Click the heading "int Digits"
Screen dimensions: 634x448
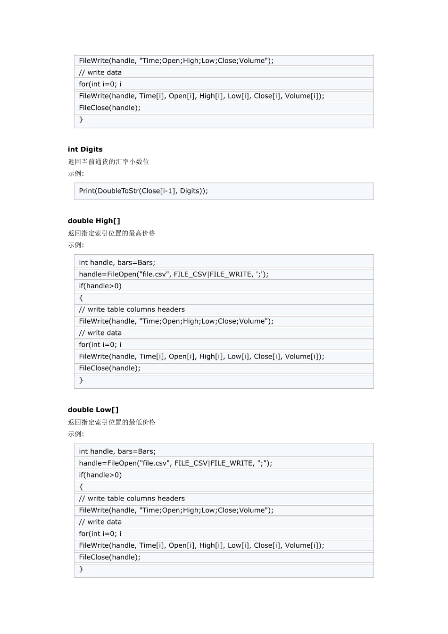(85, 150)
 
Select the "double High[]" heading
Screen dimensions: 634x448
(94, 221)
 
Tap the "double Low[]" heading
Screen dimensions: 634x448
(93, 410)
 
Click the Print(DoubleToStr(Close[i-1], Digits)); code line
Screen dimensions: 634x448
(143, 191)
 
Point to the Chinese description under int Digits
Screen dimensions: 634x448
(108, 162)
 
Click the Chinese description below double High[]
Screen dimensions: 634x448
(111, 233)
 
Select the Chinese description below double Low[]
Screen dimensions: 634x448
(111, 422)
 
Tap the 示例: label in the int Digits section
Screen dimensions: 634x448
(76, 174)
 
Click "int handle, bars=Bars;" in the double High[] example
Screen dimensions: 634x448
(117, 263)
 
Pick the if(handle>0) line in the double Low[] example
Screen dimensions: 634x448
(100, 475)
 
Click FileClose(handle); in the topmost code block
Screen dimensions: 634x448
(110, 108)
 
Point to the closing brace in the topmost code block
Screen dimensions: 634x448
(81, 120)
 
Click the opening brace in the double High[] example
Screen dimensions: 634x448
(81, 298)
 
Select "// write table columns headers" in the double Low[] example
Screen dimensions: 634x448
(132, 499)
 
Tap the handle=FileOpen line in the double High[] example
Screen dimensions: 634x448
(174, 275)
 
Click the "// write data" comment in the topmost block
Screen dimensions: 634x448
(100, 73)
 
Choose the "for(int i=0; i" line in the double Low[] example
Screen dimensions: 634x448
(100, 534)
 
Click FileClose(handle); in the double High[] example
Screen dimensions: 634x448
(110, 368)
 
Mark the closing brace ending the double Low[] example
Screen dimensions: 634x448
(81, 569)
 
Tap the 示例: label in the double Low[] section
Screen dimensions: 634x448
(76, 434)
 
